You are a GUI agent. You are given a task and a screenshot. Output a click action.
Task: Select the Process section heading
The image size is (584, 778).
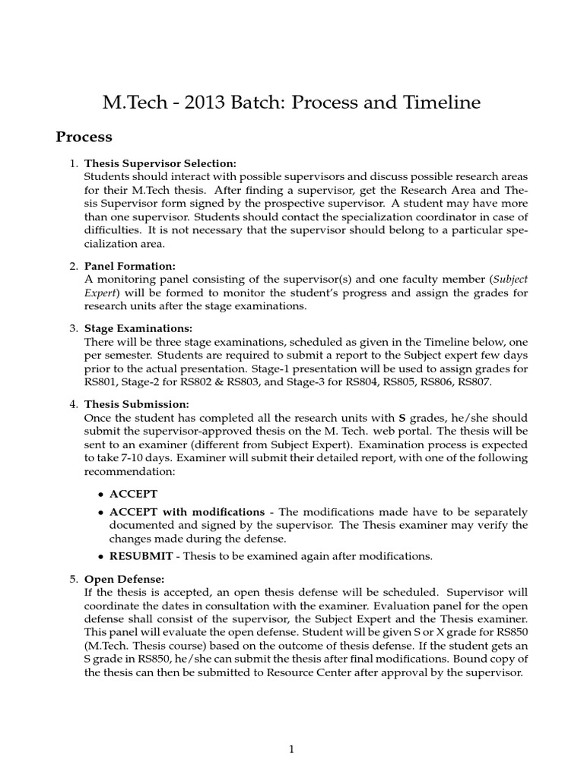coord(84,138)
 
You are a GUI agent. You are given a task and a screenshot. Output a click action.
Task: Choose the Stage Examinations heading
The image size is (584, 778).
coord(138,328)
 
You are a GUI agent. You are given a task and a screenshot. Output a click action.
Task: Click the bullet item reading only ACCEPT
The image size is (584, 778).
coord(133,494)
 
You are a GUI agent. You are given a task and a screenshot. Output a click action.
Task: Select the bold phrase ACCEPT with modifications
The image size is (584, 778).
coord(187,511)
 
